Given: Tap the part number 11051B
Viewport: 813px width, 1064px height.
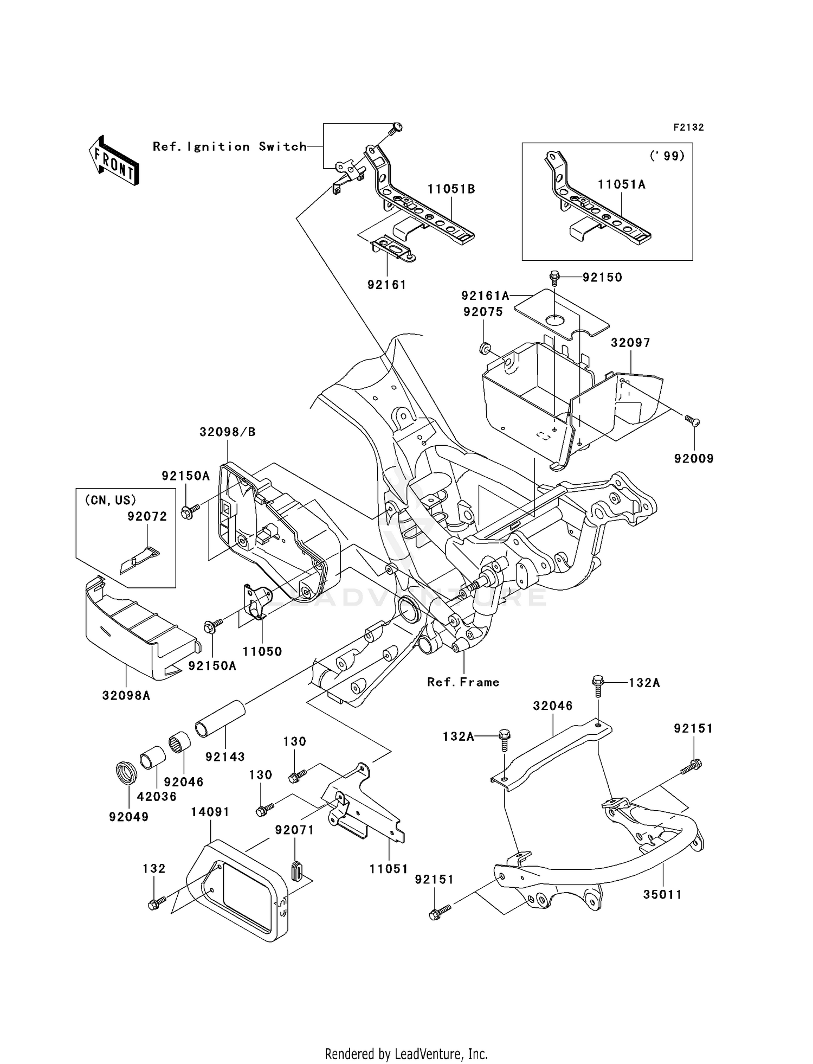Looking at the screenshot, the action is coord(451,189).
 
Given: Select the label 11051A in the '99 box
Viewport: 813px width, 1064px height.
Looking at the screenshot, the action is coord(622,184).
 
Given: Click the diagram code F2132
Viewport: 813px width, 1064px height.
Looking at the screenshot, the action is coord(688,127).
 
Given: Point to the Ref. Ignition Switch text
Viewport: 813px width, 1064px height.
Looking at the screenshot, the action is coord(230,146).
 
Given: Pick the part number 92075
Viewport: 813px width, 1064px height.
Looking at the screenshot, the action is coord(483,312).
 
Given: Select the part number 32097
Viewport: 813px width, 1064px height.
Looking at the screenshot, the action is coord(630,343).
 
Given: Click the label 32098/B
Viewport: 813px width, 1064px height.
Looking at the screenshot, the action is coord(227,432).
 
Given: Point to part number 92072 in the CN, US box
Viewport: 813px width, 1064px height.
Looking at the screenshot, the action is coord(147,516).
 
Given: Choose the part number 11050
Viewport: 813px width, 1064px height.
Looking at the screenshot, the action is coord(262,651).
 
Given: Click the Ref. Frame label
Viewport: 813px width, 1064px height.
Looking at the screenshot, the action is coord(463,682).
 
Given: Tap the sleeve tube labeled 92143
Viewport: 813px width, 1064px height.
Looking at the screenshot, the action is coord(220,719).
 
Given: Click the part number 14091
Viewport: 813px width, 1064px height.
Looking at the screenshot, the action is coord(210,812).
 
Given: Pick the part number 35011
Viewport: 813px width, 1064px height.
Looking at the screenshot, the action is coord(662,894).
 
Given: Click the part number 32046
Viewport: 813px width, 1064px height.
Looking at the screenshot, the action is coord(553,706).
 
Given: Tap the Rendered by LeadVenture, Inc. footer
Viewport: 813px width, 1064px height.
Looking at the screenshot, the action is coord(406,1055).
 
